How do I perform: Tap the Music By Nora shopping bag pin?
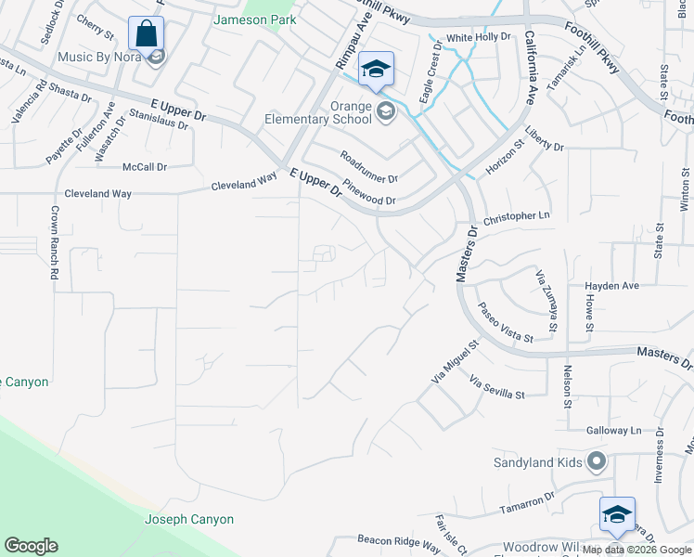[146, 33]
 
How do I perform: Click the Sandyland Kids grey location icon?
[597, 461]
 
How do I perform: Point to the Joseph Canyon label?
[189, 520]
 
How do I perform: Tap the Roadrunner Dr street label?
[368, 166]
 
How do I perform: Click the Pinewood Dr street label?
[369, 191]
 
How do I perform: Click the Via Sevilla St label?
[497, 388]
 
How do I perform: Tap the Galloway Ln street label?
[613, 431]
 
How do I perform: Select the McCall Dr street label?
[144, 167]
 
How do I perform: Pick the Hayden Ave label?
[611, 286]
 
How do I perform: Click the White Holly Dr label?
[479, 38]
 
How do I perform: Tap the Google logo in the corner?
[31, 546]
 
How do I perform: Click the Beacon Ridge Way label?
[398, 540]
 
